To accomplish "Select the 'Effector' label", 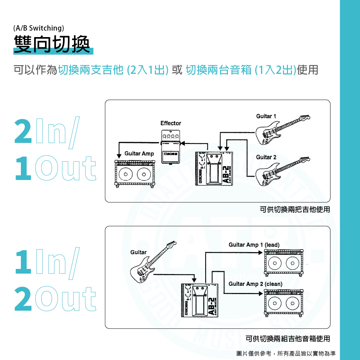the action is (x=171, y=123).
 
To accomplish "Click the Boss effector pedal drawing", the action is (x=170, y=148).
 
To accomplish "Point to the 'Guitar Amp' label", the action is (x=139, y=154).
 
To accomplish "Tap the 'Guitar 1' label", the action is (x=266, y=116).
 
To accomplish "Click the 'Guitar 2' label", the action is (x=266, y=157).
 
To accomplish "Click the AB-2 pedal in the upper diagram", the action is (x=214, y=168).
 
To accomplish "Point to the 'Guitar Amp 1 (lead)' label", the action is (x=254, y=245).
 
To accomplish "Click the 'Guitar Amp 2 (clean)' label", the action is (x=255, y=284).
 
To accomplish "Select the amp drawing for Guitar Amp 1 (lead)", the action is (x=283, y=263).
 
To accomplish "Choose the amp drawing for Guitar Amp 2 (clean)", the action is (x=283, y=302).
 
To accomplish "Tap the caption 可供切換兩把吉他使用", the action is (x=294, y=209).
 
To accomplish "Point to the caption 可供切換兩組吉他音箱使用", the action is (x=288, y=339).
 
